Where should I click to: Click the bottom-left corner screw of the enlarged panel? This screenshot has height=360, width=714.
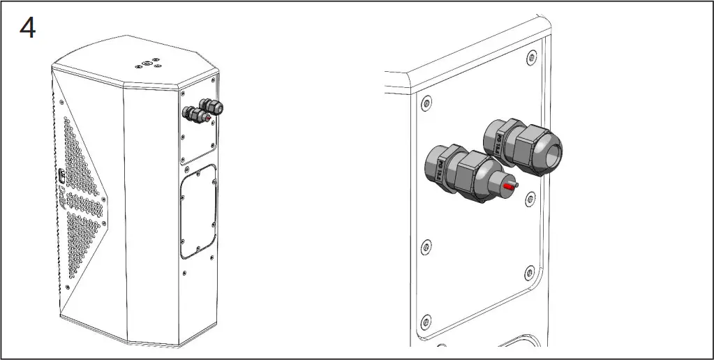tap(426, 322)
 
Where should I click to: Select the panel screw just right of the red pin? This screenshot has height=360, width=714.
tap(530, 199)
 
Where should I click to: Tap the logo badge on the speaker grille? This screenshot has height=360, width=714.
tap(61, 177)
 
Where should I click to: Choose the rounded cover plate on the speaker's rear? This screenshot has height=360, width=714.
tap(198, 211)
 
